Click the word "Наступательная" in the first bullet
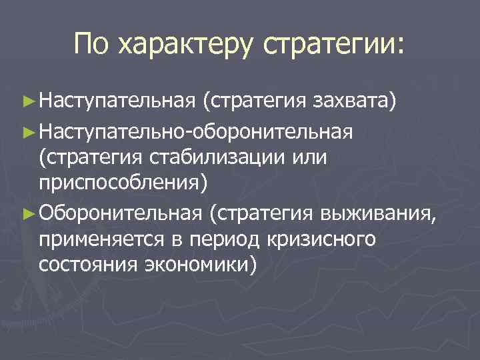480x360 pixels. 115,101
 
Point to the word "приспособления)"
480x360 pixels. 123,183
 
